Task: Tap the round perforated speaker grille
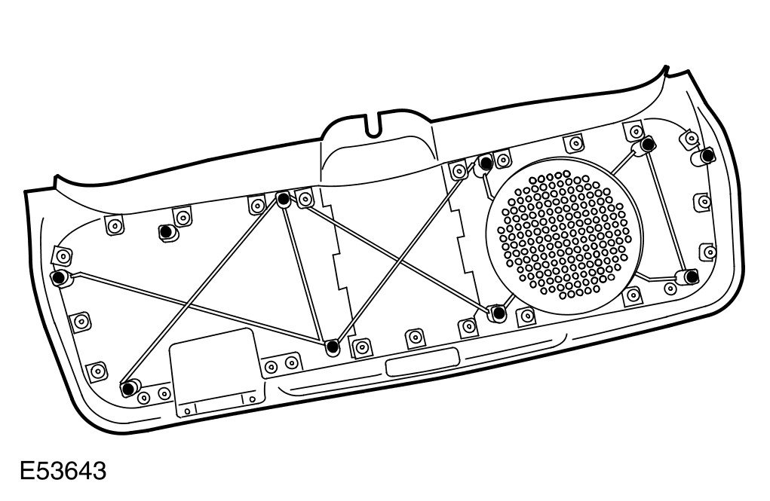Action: pos(562,234)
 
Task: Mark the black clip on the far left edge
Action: pos(57,277)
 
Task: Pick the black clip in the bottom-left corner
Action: pos(129,387)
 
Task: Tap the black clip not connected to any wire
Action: pos(164,231)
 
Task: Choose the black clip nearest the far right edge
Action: pos(707,155)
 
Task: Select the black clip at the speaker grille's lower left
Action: pos(497,313)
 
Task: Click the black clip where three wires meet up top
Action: pos(284,200)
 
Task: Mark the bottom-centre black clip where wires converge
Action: pos(332,347)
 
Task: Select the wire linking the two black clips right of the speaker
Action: pos(668,210)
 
